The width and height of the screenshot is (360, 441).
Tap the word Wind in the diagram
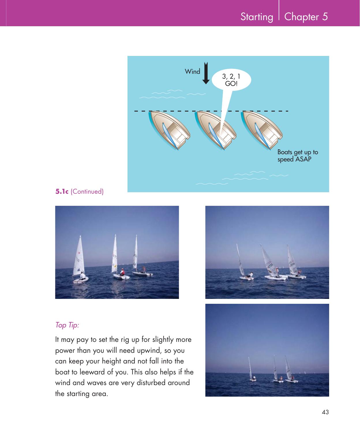(192, 71)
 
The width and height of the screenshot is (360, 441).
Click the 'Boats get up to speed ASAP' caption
(297, 156)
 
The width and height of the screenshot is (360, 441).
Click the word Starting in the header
(257, 17)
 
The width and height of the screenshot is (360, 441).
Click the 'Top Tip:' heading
(67, 325)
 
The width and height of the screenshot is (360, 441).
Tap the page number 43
(325, 412)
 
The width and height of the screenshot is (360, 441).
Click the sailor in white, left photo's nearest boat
(83, 276)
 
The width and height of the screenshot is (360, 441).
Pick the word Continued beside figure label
(87, 191)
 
